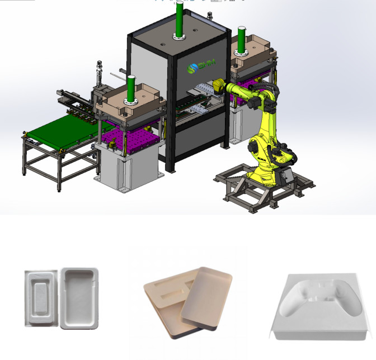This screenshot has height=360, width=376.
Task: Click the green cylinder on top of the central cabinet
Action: point(179,20)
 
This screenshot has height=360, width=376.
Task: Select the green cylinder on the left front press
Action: point(131,89)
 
